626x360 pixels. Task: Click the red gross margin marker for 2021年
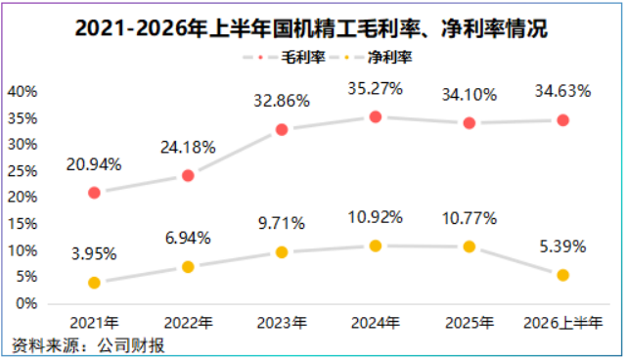coord(94,193)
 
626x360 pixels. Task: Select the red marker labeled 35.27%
coord(376,117)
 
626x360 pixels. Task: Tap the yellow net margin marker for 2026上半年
coord(563,275)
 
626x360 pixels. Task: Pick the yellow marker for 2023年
coord(282,252)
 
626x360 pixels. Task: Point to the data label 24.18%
coord(188,148)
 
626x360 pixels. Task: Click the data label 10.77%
coord(469,218)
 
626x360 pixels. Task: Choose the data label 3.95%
coord(94,253)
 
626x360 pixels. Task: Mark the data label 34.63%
coord(563,91)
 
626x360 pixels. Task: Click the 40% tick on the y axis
coord(22,91)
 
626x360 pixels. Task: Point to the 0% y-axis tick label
coord(26,303)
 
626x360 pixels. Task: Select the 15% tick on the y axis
coord(22,223)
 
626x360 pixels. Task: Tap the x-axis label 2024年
coord(376,323)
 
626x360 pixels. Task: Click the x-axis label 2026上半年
coord(563,323)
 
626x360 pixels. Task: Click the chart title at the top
coord(311,28)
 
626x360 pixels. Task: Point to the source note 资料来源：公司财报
coord(88,345)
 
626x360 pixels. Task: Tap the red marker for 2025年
coord(469,123)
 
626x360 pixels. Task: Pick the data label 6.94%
coord(188,239)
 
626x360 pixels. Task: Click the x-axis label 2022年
coord(188,323)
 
